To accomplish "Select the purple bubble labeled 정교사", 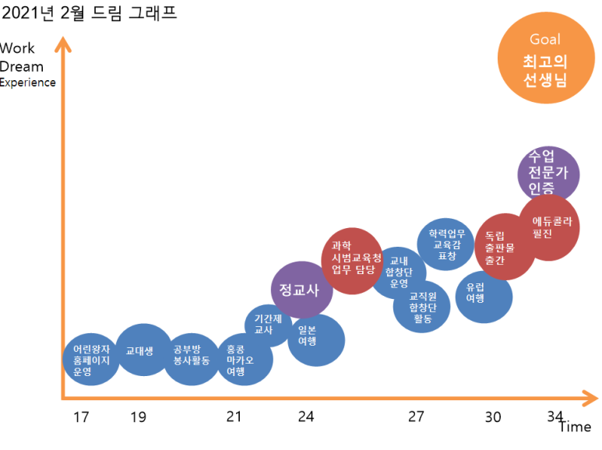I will pyautogui.click(x=301, y=290).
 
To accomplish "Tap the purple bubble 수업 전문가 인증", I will pyautogui.click(x=550, y=174).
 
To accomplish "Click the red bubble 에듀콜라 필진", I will pyautogui.click(x=550, y=227).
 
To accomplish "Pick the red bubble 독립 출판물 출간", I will pyautogui.click(x=504, y=247).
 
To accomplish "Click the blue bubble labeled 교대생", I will pyautogui.click(x=144, y=350).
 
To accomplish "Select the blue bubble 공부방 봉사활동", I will pyautogui.click(x=192, y=359).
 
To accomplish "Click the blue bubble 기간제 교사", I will pyautogui.click(x=268, y=325).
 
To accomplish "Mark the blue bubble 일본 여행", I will pyautogui.click(x=316, y=340).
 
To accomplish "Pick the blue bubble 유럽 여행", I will pyautogui.click(x=484, y=296).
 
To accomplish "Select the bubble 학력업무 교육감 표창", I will pyautogui.click(x=446, y=244).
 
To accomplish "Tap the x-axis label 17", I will pyautogui.click(x=81, y=417).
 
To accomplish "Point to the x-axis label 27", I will pyautogui.click(x=416, y=417).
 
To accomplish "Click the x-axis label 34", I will pyautogui.click(x=554, y=416).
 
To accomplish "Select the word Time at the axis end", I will pyautogui.click(x=574, y=427).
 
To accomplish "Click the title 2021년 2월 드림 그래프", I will pyautogui.click(x=90, y=13).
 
